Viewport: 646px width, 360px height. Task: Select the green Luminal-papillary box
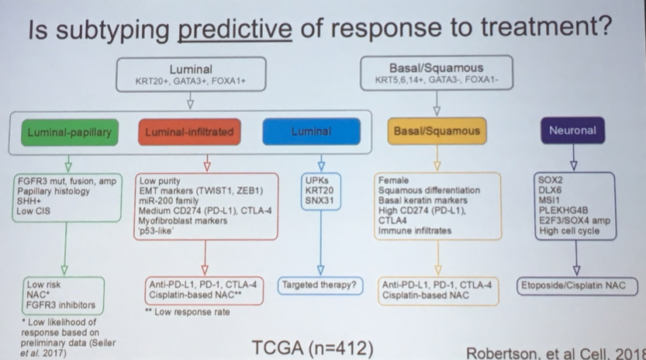[x=69, y=132]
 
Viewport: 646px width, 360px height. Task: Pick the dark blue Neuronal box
[x=572, y=130]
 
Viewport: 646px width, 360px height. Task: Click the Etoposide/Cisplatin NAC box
[x=582, y=286]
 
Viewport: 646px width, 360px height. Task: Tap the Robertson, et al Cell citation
[x=555, y=351]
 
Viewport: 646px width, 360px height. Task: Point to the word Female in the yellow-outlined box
[x=395, y=180]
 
